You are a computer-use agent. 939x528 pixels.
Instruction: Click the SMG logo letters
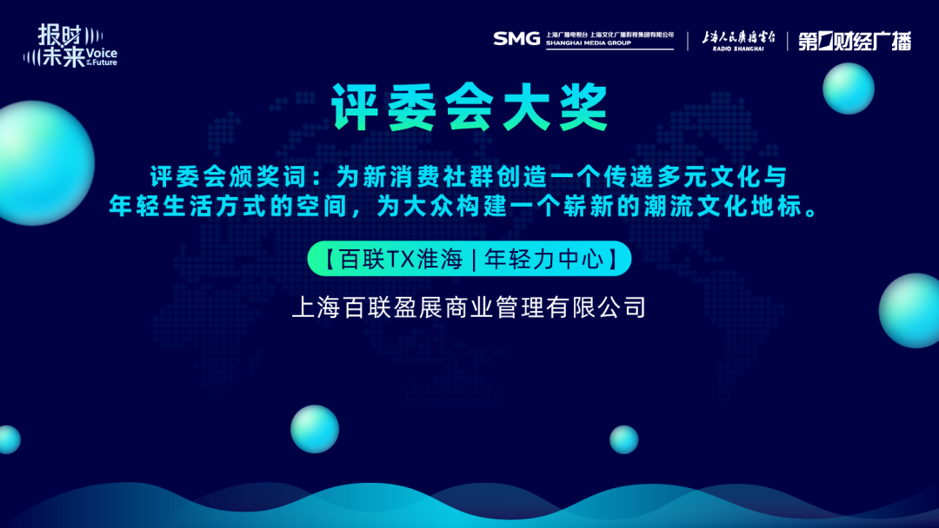click(x=516, y=39)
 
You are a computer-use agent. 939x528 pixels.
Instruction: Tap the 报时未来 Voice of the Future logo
click(x=70, y=45)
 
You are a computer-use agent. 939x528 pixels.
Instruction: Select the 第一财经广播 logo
click(x=855, y=41)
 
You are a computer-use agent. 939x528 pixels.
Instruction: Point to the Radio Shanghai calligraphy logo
click(x=738, y=41)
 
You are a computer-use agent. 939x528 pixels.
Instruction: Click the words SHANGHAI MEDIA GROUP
click(x=588, y=43)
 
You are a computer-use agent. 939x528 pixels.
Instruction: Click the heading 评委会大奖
click(x=470, y=108)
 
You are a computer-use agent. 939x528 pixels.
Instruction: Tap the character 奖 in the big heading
click(x=584, y=108)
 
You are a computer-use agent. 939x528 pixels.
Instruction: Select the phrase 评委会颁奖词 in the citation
click(x=229, y=177)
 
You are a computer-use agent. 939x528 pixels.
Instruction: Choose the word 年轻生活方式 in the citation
click(x=176, y=207)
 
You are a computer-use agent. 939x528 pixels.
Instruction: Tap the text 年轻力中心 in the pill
click(x=544, y=259)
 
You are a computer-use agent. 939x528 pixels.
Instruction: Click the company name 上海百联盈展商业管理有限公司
click(x=469, y=307)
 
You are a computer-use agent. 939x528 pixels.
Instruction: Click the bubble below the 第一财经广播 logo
click(x=849, y=89)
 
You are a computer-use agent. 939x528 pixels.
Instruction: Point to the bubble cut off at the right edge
click(x=909, y=310)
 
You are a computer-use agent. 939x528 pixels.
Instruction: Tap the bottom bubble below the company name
click(x=315, y=429)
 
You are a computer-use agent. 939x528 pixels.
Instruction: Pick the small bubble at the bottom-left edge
click(x=9, y=439)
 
